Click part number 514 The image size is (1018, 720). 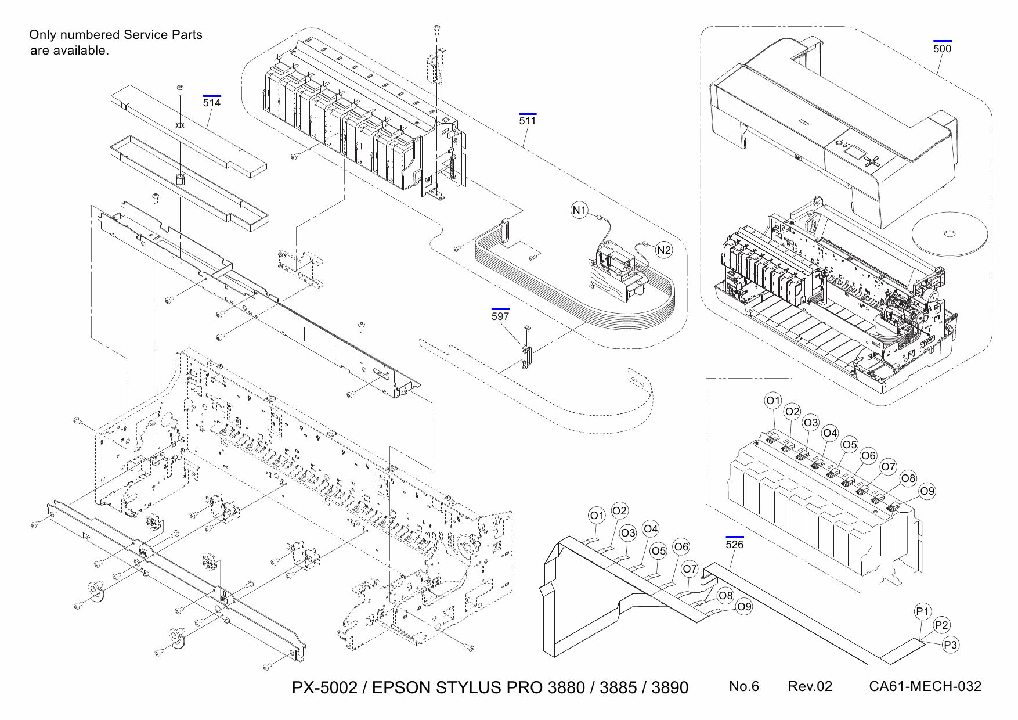212,103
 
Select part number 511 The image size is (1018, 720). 527,121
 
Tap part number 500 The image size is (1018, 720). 942,49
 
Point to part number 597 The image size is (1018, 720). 500,316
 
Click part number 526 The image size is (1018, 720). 734,545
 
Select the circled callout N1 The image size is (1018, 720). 579,210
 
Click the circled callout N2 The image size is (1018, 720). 663,250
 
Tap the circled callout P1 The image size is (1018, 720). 923,611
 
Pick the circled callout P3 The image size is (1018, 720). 950,645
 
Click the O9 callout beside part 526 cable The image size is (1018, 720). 743,607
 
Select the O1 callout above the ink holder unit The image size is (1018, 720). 773,401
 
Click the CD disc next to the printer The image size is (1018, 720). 950,234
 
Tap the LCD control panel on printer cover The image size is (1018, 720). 853,153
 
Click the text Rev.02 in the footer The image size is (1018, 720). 810,686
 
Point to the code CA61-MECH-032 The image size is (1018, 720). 925,686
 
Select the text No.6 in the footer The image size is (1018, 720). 743,686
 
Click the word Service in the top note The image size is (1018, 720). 146,35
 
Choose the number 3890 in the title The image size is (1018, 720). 670,688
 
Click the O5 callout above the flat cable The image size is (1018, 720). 658,550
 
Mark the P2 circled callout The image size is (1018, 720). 941,625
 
